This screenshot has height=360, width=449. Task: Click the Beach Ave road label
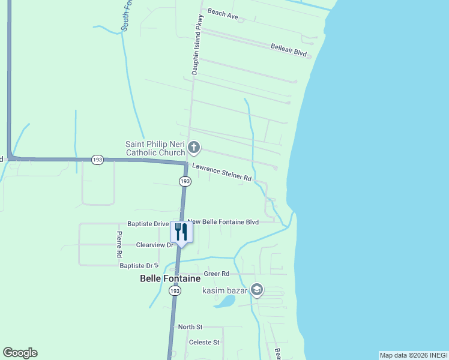(x=223, y=13)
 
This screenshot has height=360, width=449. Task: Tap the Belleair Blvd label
(x=288, y=50)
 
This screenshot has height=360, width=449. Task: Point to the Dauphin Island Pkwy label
(x=198, y=45)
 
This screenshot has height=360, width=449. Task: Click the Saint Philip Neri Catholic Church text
(x=155, y=148)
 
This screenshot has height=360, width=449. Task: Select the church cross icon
(x=194, y=147)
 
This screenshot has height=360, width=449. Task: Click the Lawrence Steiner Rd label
(x=221, y=174)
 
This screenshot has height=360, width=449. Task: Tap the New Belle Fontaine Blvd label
(x=223, y=222)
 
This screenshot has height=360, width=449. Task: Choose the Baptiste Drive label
(x=148, y=224)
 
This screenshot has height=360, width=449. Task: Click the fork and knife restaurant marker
(x=181, y=232)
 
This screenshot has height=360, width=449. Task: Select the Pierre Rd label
(x=119, y=244)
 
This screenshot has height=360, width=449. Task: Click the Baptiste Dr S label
(x=138, y=265)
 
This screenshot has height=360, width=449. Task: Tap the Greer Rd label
(x=217, y=274)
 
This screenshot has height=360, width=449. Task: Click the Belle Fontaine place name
(x=170, y=278)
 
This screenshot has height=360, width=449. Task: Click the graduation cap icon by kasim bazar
(x=257, y=290)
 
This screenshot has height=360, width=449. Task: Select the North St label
(x=190, y=327)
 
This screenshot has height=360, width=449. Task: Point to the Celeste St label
(x=204, y=342)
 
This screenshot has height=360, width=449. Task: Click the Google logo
(x=20, y=353)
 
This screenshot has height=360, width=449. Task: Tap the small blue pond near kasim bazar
(x=224, y=301)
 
